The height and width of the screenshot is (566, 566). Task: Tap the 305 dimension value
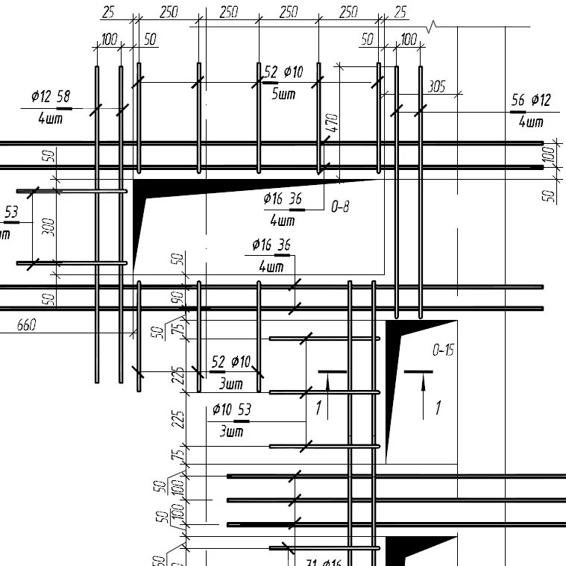436,87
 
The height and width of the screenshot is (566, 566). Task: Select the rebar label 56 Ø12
531,101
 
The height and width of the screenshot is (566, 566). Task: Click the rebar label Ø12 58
51,97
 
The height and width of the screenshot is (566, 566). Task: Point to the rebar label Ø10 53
231,409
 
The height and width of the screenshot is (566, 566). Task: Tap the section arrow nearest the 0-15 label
422,395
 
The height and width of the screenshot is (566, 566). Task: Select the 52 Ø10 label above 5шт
283,72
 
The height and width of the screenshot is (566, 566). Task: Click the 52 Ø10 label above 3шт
231,362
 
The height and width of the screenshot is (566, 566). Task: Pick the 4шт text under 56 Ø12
531,121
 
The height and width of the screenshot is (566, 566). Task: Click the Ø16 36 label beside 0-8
283,198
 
